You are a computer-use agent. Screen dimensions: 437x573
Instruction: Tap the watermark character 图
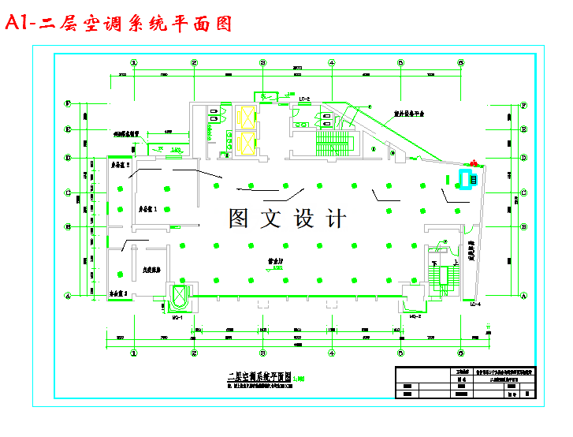pyautogui.click(x=239, y=218)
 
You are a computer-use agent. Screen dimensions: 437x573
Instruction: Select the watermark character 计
pyautogui.click(x=335, y=218)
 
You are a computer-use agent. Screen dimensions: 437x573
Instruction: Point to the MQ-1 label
pyautogui.click(x=177, y=317)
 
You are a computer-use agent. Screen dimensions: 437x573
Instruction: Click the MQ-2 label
pyautogui.click(x=416, y=317)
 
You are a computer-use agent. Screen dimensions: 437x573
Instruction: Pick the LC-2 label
pyautogui.click(x=304, y=99)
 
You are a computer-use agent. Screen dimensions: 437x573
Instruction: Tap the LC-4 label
pyautogui.click(x=474, y=304)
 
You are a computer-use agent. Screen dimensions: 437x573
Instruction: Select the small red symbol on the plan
pyautogui.click(x=474, y=164)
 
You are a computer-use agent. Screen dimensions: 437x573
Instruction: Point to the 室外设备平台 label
pyautogui.click(x=409, y=114)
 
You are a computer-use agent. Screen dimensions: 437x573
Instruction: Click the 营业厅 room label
pyautogui.click(x=275, y=260)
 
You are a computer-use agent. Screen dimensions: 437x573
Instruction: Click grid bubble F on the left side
pyautogui.click(x=69, y=103)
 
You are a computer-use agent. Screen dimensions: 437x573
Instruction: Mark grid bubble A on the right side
pyautogui.click(x=524, y=296)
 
